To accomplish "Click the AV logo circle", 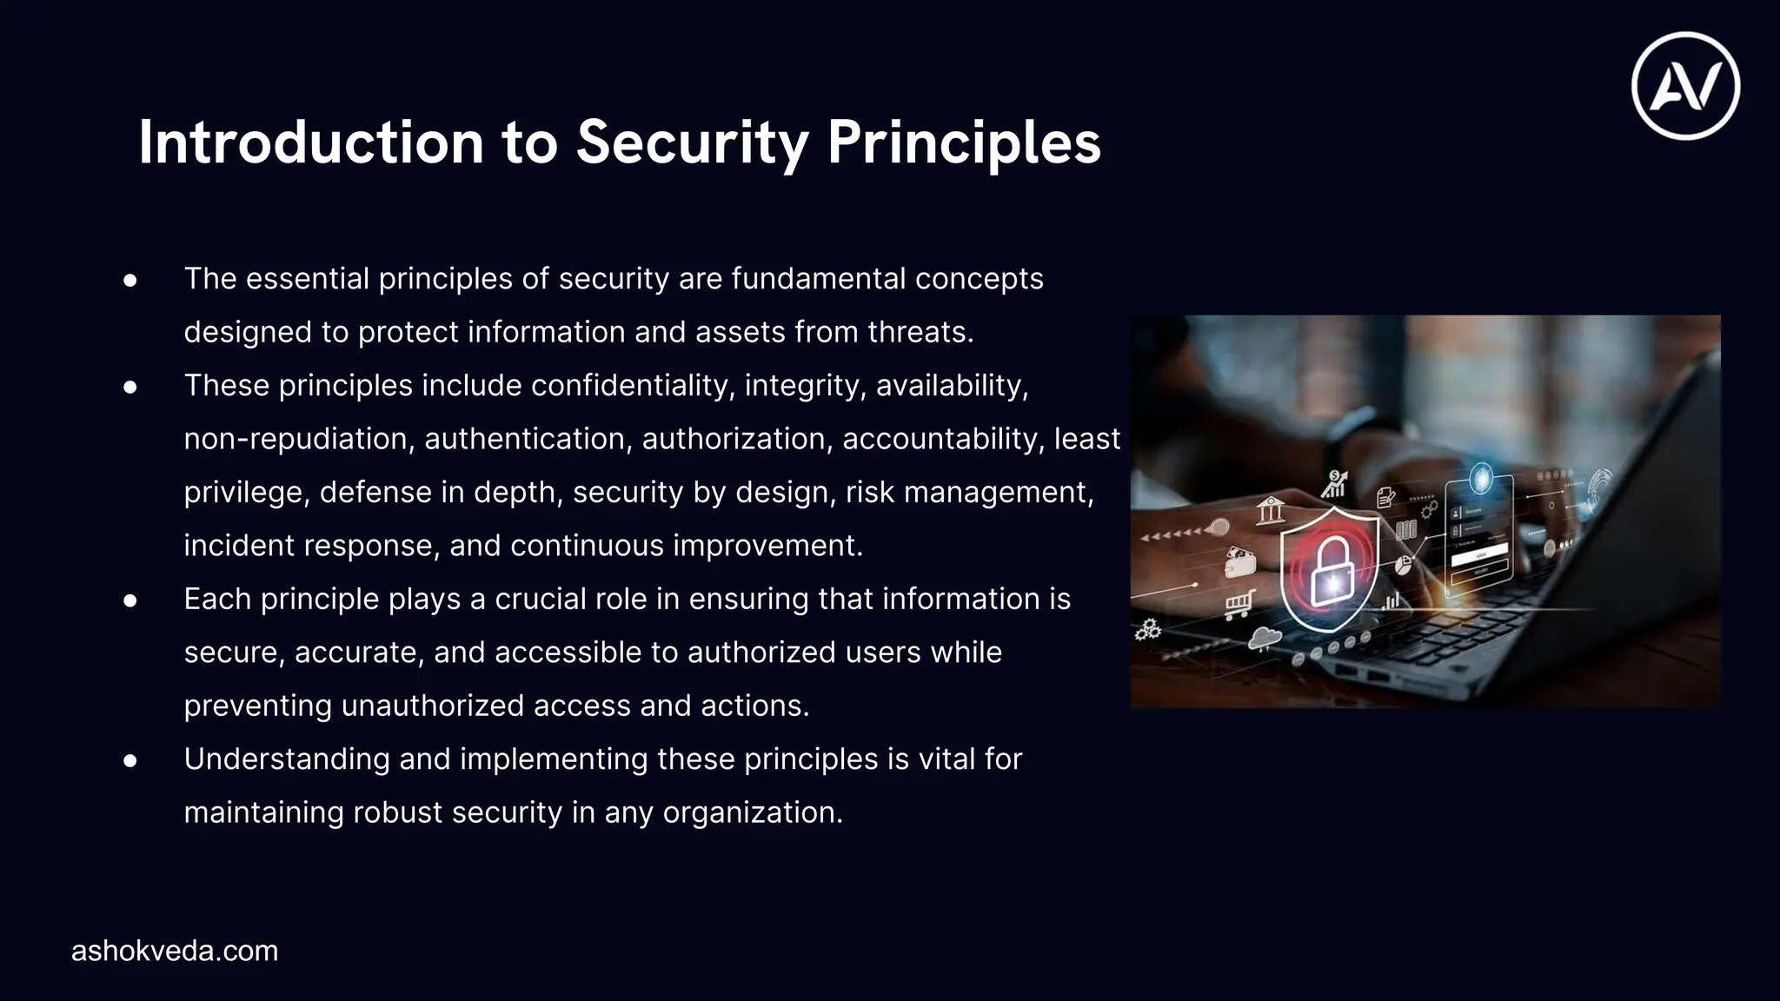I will pos(1685,86).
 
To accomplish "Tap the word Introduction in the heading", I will pos(310,142).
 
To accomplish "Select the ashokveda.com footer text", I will pos(175,951).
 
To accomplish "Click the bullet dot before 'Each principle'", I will pos(130,600).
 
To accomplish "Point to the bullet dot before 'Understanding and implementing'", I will pos(130,760).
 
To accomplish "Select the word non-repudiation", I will pos(296,439).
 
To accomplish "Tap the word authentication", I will pos(525,439).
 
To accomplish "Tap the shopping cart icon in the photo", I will pos(1239,602).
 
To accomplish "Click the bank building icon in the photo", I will pos(1271,509).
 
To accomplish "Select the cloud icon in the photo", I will pos(1264,640).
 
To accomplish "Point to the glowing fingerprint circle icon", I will pos(1480,479).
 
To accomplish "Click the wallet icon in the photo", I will pos(1239,562).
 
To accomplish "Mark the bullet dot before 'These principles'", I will pos(130,387).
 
